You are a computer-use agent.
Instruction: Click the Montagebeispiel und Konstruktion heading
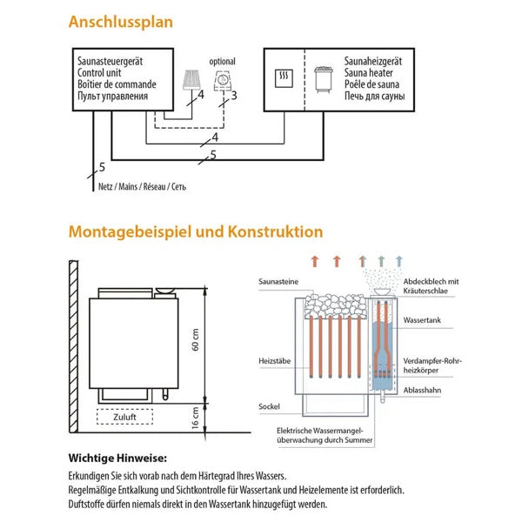point(195,232)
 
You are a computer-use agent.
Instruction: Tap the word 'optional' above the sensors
point(223,62)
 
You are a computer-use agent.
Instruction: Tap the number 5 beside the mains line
point(102,166)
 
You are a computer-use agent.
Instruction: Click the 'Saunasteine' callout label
point(278,282)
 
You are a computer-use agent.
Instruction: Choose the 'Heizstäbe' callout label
point(274,358)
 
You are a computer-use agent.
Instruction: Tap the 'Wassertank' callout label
point(422,320)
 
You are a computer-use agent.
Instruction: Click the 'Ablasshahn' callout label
point(422,391)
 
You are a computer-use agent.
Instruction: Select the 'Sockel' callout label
point(270,406)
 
